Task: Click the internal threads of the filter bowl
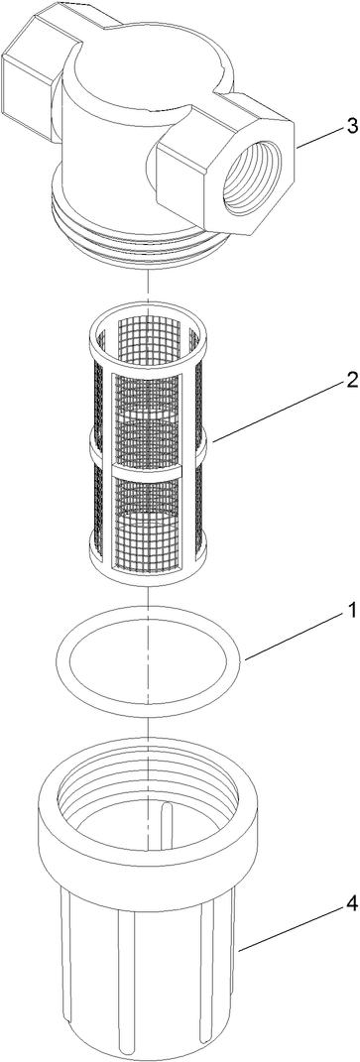(149, 783)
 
